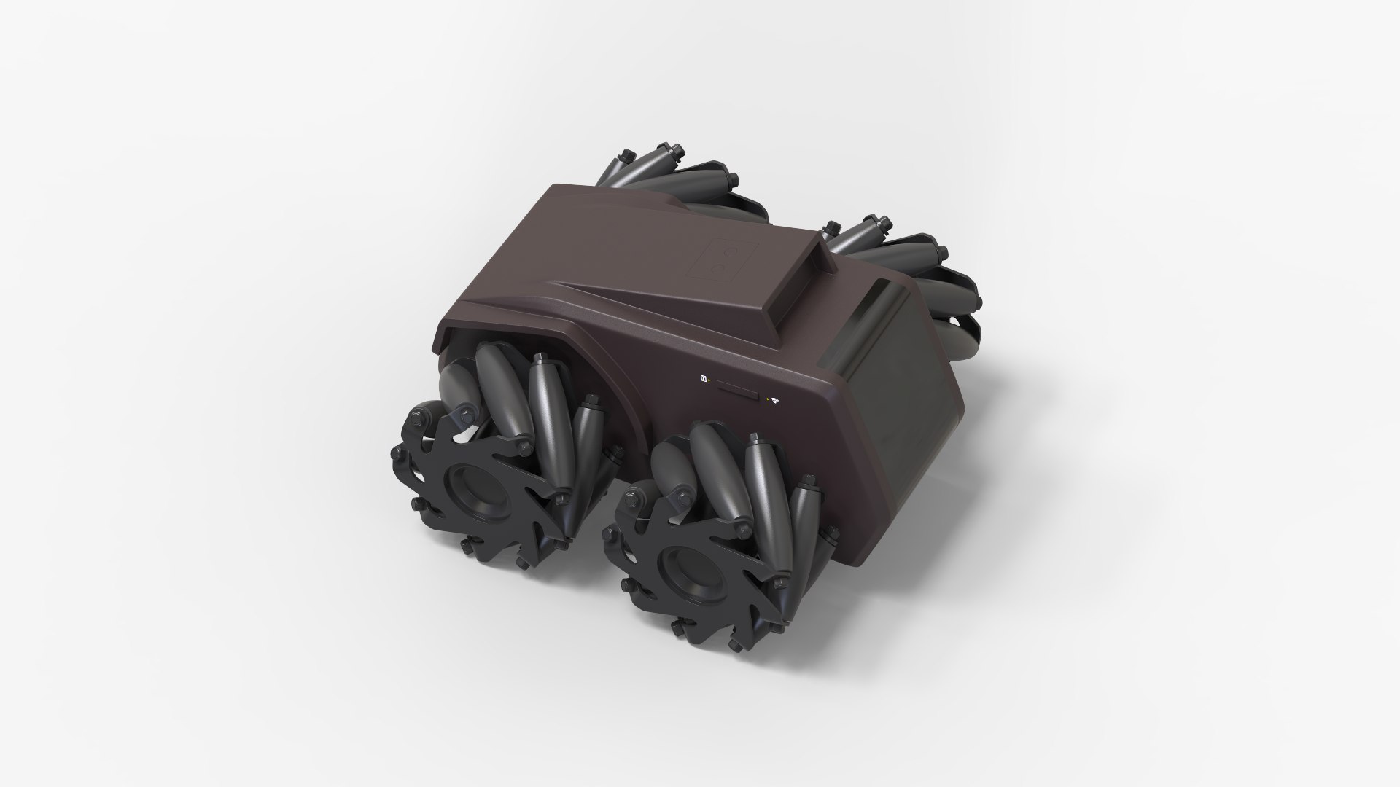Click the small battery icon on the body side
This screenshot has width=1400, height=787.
pyautogui.click(x=704, y=377)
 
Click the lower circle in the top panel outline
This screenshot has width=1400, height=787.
pyautogui.click(x=717, y=270)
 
